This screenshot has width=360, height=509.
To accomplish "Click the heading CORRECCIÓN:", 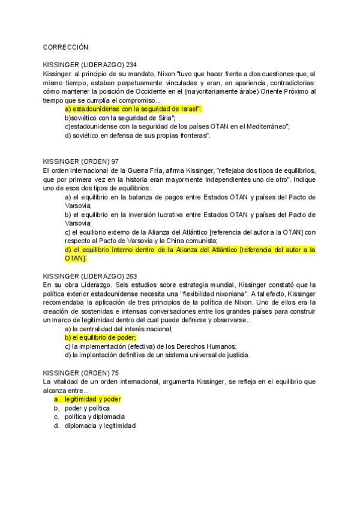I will click(x=67, y=46).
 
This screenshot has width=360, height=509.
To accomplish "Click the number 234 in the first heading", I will click(x=131, y=65).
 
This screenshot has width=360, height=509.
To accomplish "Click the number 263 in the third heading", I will click(x=131, y=276).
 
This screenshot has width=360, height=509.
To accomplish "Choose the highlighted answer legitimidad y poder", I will click(x=93, y=399).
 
